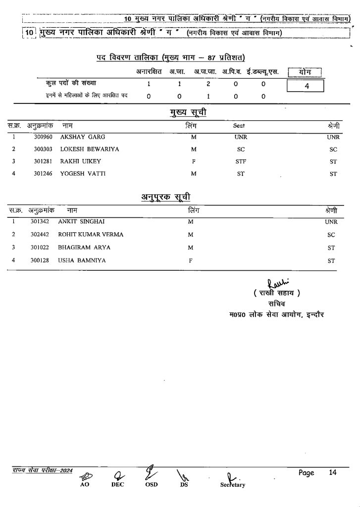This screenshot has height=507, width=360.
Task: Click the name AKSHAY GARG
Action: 82,137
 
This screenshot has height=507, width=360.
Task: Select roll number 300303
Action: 44,149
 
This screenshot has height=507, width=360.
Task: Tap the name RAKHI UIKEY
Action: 80,161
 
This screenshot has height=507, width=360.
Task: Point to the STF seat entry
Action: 240,161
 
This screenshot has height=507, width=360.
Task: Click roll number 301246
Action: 44,174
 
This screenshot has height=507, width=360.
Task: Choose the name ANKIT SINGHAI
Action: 81,222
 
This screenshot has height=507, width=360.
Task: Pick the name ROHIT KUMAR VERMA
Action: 91,234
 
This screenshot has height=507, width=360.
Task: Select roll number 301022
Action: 40,247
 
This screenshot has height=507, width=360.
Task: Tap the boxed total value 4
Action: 306,86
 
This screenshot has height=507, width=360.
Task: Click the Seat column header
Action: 239,126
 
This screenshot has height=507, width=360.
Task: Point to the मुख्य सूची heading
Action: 188,113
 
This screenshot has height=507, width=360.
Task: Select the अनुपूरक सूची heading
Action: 163,199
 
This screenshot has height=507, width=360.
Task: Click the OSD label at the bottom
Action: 152,485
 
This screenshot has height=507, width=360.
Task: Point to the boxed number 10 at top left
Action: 30,33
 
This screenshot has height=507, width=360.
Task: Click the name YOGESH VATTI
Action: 82,174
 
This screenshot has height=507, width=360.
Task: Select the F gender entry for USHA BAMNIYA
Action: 191,260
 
